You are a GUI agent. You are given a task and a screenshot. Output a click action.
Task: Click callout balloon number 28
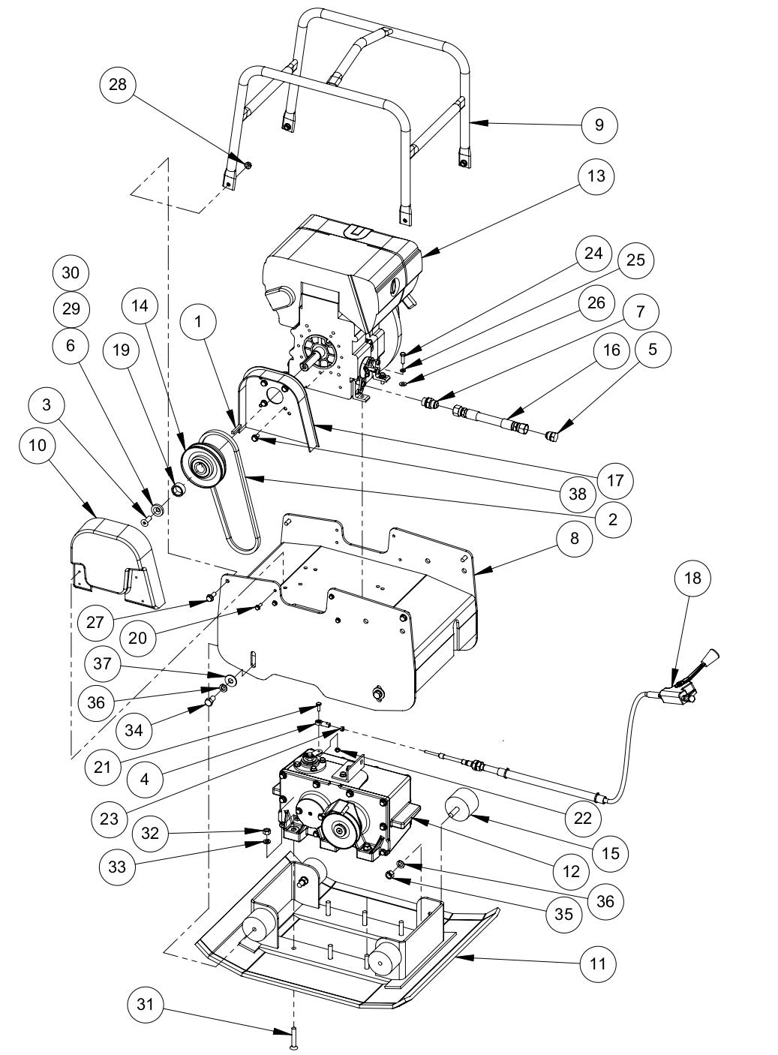(117, 84)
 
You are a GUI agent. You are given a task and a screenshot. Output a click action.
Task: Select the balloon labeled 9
(599, 124)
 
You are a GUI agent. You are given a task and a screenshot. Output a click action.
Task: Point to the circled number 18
(692, 578)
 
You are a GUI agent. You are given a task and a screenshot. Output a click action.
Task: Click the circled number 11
(598, 962)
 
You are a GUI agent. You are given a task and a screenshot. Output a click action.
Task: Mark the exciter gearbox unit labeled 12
(341, 799)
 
